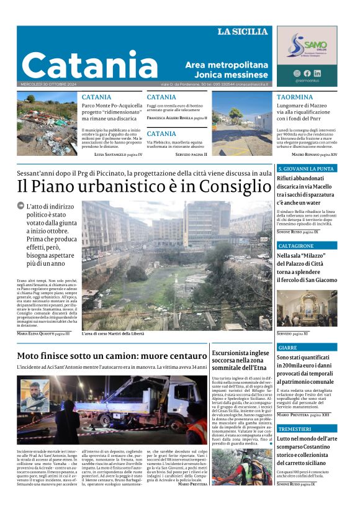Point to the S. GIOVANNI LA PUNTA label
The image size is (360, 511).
pos(305,168)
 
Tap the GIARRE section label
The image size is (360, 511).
pos(288,348)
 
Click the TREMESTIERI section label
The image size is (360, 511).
pos(295,429)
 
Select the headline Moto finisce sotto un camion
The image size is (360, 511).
pos(112,356)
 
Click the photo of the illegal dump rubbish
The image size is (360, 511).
pos(47,124)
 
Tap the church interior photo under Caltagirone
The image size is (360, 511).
pos(307,309)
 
